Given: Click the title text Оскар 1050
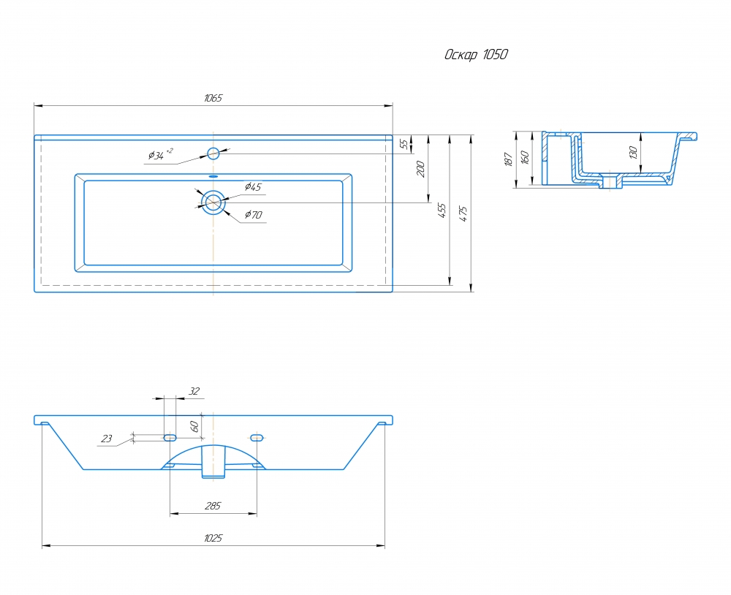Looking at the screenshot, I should coord(476,55).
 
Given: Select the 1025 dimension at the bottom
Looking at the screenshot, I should coord(213,538).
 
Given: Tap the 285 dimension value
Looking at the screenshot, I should coord(213,506).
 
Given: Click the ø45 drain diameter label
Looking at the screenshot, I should coord(253,187).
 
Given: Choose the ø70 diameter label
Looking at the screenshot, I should coord(253,215).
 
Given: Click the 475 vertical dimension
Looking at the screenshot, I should coord(463,213).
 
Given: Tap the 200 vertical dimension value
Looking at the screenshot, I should coord(420,170).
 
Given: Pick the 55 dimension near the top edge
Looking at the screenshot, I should coord(404,144).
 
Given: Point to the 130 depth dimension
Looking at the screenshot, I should coord(634,152).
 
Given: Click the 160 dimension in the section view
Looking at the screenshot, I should coord(524,157).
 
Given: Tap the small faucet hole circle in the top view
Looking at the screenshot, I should coord(213,154).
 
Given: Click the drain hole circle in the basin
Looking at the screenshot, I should coord(213,202).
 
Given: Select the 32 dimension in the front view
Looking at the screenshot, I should coord(194,392).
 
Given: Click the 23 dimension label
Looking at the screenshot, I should coord(107,439).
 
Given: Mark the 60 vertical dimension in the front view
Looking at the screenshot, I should coord(194,425).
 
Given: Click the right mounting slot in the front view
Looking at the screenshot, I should coord(257,438).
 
